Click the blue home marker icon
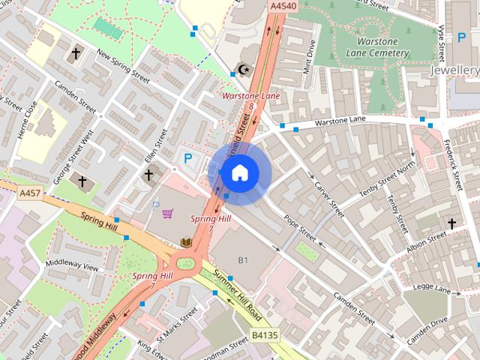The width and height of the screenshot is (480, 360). (238, 172)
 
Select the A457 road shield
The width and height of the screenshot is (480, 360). (29, 193)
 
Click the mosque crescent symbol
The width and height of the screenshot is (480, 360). (241, 70)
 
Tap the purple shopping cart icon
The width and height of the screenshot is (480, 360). (168, 214)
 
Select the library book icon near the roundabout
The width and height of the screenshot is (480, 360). (186, 241)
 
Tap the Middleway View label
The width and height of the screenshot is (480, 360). (72, 266)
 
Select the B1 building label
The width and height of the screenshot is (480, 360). (243, 259)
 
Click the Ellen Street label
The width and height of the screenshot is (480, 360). (158, 147)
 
